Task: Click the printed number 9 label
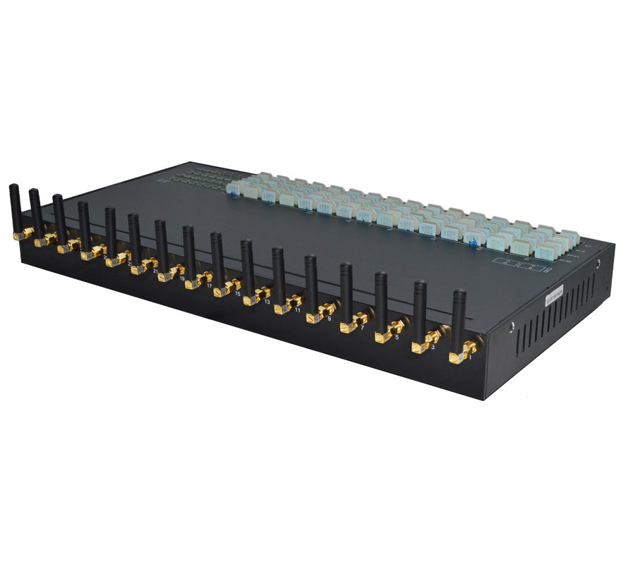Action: pos(330,318)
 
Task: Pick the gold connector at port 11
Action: pos(286,304)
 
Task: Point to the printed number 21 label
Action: pos(155,271)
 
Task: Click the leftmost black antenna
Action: pos(13,204)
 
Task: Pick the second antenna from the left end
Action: pos(34,210)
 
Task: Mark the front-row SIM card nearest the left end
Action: pos(235,189)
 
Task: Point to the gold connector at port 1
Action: pos(463,351)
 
